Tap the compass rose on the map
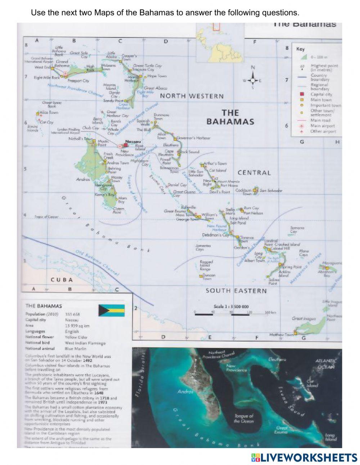point(253,80)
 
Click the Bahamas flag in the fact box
point(112,310)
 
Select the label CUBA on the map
point(62,280)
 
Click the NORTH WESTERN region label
point(192,96)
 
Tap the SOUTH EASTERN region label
point(236,291)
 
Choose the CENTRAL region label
point(254,173)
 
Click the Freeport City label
point(78,81)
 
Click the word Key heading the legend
point(300,49)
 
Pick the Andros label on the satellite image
point(185,392)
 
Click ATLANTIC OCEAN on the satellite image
point(326,363)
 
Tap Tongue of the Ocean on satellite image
point(244,418)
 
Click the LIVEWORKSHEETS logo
point(304,457)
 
